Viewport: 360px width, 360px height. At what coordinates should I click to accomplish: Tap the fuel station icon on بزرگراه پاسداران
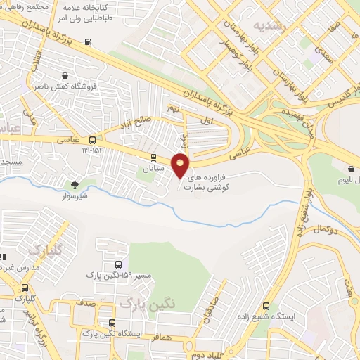click(x=88, y=41)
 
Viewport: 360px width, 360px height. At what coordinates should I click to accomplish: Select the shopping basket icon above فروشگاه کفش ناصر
click(x=65, y=76)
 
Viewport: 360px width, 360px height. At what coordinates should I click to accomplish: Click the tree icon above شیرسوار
click(x=75, y=185)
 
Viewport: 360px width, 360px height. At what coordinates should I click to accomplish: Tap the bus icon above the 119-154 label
click(x=93, y=140)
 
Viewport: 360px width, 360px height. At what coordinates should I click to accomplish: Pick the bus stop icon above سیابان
click(x=153, y=157)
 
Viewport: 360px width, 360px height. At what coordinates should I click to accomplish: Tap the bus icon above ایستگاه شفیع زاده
click(x=265, y=306)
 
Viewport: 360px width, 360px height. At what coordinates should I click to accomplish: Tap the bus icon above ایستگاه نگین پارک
click(x=111, y=323)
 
